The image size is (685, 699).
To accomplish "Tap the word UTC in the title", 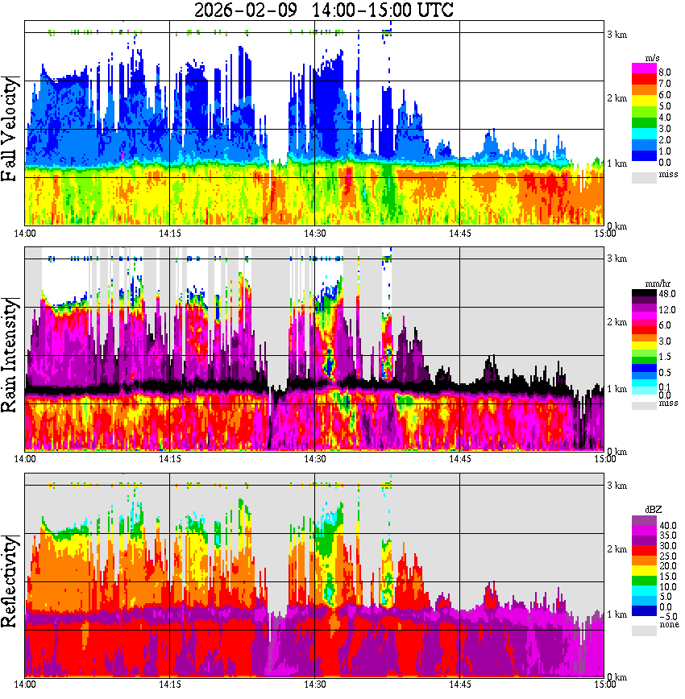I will [x=432, y=10].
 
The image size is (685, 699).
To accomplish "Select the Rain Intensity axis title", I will [x=12, y=354].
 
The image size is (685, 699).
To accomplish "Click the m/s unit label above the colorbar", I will [x=654, y=59].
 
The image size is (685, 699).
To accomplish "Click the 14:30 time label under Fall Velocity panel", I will [x=314, y=233].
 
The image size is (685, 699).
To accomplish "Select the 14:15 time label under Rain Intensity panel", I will [x=169, y=458].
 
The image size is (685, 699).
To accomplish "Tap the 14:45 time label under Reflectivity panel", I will [x=459, y=685].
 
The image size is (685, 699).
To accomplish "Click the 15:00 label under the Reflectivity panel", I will [x=604, y=685].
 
